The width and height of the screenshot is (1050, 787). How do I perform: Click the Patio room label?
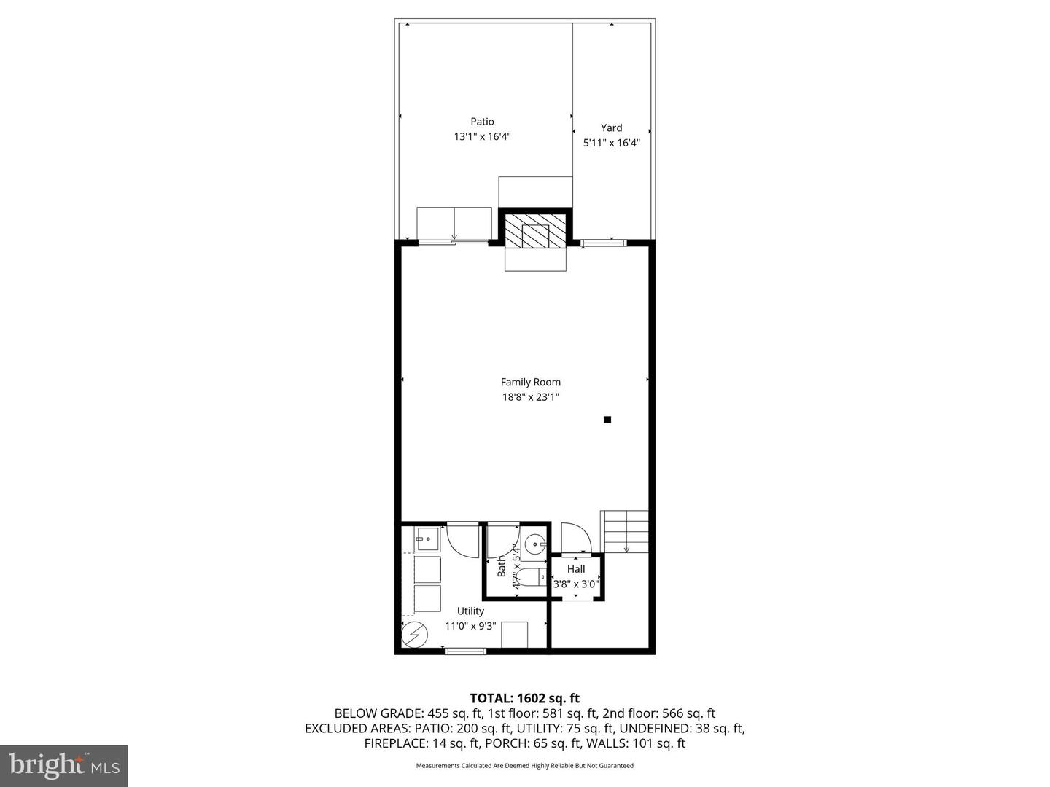coord(481,122)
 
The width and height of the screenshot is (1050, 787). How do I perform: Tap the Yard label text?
coord(611,128)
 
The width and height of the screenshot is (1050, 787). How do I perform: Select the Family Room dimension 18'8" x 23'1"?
coord(530,397)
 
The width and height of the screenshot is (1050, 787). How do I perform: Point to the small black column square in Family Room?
coord(607,420)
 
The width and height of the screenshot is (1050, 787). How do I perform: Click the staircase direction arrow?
coord(626,549)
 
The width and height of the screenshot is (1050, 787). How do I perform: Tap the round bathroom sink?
coord(535,544)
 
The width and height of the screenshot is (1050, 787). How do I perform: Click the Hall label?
coord(576,569)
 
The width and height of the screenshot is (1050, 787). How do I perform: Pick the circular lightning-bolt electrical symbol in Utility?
coord(413,635)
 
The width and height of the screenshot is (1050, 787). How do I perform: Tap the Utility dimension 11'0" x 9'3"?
coord(470,626)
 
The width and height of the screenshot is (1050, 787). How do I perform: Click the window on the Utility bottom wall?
coord(465,651)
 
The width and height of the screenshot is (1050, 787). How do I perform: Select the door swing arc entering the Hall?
coord(572,537)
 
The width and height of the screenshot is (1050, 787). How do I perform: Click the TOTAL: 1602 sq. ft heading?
coord(524,698)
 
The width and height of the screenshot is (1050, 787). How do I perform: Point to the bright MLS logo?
coord(63,765)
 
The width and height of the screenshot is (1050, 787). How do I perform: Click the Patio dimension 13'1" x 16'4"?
coord(481,136)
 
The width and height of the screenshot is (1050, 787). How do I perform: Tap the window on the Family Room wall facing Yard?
coord(603,242)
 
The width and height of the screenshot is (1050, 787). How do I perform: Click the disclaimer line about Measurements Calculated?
coord(524,766)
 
